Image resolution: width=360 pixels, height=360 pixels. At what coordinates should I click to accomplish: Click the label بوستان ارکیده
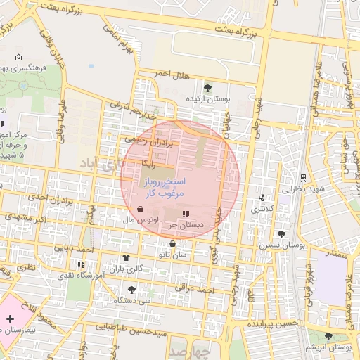(207, 100)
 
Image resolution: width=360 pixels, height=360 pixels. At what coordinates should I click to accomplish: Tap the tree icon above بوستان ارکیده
(207, 88)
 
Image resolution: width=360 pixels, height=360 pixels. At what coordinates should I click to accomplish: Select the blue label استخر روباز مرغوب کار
(163, 186)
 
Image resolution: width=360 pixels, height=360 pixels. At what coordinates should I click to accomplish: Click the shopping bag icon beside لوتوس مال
(140, 209)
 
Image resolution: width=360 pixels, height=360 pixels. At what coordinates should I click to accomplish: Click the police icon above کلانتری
(262, 198)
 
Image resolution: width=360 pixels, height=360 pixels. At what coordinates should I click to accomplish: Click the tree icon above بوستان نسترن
(282, 233)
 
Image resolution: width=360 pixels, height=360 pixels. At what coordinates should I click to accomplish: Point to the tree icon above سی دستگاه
(131, 289)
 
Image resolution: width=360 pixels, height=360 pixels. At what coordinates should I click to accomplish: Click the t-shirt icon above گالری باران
(126, 257)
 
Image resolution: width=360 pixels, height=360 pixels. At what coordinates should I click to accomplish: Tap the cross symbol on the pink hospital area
(10, 319)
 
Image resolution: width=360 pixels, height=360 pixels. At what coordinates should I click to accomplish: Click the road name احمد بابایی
(74, 248)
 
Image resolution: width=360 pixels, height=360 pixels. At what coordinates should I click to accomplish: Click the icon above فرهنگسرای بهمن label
(19, 58)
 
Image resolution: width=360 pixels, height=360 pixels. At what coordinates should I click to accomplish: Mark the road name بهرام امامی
(117, 41)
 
